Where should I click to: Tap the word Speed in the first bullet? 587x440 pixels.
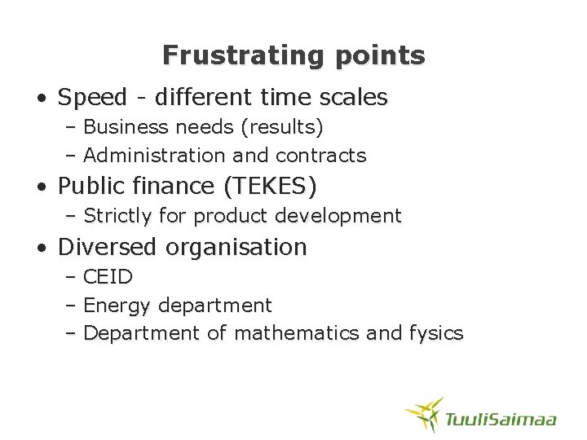click(x=93, y=98)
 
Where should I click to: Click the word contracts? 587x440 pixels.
click(x=321, y=155)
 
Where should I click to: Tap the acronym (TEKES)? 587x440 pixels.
click(x=270, y=187)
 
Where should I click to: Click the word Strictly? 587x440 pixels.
click(x=118, y=216)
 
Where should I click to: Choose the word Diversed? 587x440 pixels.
click(x=109, y=247)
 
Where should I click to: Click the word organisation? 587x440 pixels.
click(x=237, y=247)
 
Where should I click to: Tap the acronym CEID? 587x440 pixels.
click(x=108, y=277)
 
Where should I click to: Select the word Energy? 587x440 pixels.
click(x=117, y=306)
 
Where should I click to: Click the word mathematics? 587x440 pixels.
click(x=296, y=332)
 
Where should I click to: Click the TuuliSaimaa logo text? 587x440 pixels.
click(x=501, y=419)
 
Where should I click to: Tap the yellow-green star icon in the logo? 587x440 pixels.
click(x=425, y=413)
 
